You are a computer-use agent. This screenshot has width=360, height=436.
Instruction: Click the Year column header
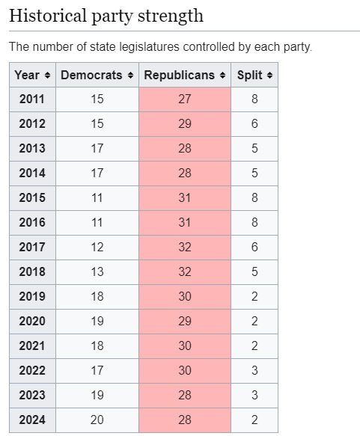[32, 75]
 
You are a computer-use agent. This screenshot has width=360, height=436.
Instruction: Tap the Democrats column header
[97, 75]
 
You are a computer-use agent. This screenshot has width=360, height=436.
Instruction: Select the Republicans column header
[185, 75]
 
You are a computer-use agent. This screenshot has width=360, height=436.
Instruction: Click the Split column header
[254, 75]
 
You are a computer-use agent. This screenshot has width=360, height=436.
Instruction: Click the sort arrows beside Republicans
[222, 75]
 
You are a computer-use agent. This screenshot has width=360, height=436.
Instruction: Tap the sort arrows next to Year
[47, 75]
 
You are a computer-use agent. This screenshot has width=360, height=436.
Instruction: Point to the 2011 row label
[32, 99]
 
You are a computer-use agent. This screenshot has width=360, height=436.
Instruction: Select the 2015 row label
[32, 198]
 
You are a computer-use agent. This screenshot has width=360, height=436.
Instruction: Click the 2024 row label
[32, 420]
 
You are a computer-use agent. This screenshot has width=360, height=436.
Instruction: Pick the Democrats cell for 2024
[97, 420]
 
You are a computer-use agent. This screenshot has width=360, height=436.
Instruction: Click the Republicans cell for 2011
[185, 99]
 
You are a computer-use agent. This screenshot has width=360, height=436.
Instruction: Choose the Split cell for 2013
[254, 149]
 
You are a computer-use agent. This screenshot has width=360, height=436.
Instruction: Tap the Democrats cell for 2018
[97, 272]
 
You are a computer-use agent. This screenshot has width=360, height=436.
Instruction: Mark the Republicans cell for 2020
[185, 321]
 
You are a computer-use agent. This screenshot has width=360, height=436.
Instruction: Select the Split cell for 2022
[254, 371]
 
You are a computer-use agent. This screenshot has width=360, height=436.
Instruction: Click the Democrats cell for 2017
[97, 248]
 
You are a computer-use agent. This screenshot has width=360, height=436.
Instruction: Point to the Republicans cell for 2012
[185, 123]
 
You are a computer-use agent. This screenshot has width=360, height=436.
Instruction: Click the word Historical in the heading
[48, 15]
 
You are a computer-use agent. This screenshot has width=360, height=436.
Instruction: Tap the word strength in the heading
[171, 16]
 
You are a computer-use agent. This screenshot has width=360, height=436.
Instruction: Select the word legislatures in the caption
[149, 46]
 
